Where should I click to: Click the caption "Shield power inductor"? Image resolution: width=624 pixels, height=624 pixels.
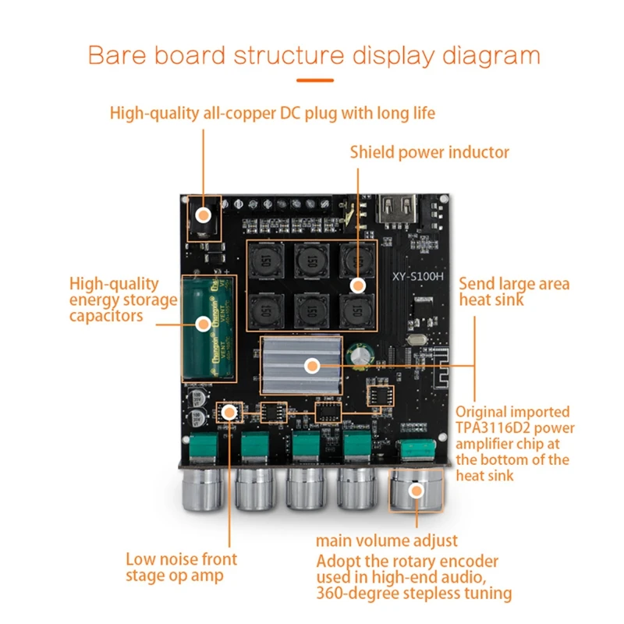(429, 152)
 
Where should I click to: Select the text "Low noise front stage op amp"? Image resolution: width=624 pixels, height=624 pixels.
(181, 567)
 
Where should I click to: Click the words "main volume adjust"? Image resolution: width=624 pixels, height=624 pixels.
(386, 540)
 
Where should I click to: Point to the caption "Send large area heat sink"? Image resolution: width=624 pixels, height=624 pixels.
(513, 291)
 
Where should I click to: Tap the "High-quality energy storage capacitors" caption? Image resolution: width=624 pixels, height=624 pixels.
(123, 300)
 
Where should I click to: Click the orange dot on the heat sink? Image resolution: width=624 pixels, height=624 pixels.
(312, 365)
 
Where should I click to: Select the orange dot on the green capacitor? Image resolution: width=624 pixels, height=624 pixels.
(203, 321)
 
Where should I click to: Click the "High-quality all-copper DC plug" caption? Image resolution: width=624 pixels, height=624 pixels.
(272, 113)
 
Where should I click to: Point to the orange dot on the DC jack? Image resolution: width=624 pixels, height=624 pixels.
(204, 214)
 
